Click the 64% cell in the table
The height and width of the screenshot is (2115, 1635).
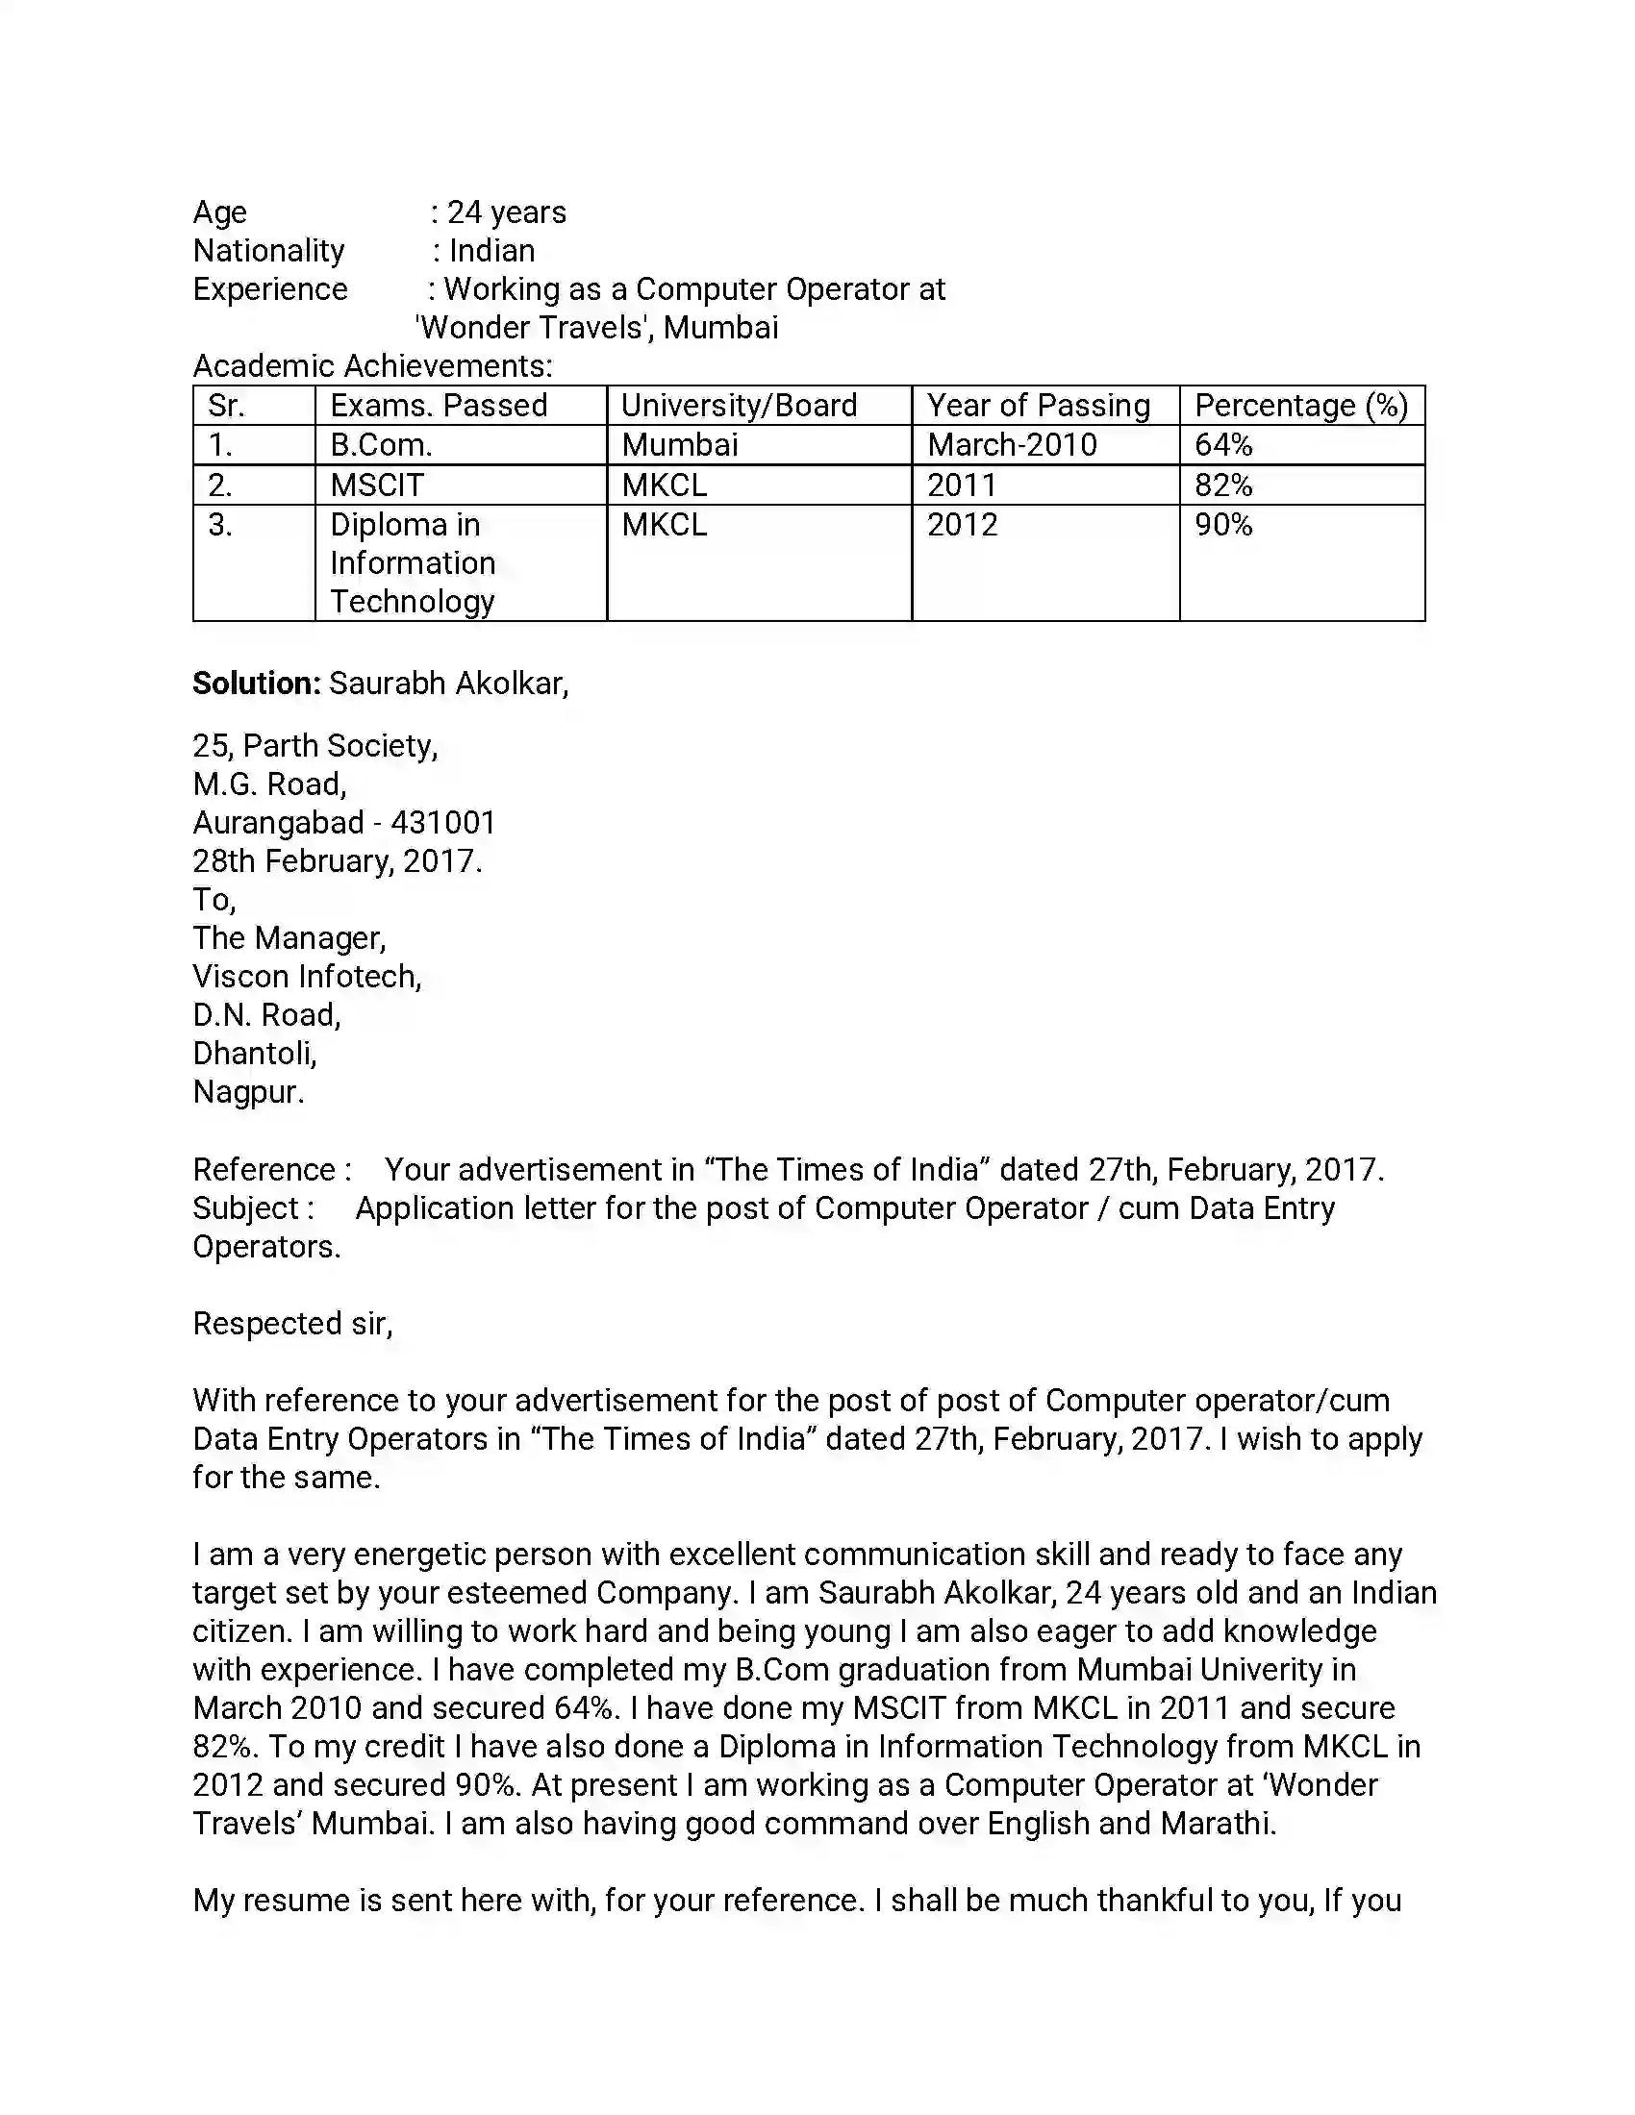pos(1223,445)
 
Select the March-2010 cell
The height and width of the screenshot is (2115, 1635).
pos(1011,445)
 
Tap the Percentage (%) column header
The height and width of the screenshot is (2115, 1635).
pos(1301,406)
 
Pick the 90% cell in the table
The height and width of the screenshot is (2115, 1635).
pos(1223,525)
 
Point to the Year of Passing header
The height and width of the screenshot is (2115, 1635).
pos(1039,406)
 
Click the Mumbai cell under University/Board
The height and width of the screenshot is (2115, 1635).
pos(679,445)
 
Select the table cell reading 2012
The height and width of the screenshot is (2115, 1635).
pos(962,525)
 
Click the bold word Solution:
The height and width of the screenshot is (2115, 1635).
pos(256,684)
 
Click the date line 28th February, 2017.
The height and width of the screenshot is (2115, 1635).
pos(337,861)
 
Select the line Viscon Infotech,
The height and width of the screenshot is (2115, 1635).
pos(307,976)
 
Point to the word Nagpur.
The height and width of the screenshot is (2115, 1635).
pos(248,1092)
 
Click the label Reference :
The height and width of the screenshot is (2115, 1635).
pos(271,1170)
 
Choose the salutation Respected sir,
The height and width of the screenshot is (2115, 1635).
pos(292,1324)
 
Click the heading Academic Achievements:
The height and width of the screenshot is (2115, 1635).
pos(373,366)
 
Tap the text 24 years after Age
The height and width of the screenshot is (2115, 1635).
pos(506,212)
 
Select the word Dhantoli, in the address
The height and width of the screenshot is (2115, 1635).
pos(255,1054)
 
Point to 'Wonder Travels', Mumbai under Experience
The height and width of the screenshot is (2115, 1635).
pos(596,327)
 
